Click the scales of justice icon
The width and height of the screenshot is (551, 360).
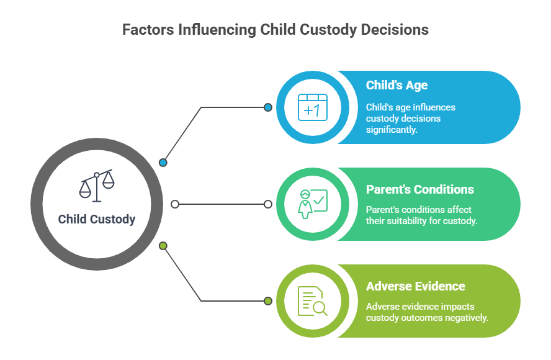pos(97,185)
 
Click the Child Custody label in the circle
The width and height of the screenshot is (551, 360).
pos(97,219)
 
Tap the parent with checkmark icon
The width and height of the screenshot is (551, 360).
pos(312,204)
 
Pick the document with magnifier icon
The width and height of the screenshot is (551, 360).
pos(312,300)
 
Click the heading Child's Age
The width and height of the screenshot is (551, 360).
pos(396,86)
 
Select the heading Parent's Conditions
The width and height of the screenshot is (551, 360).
pos(419,189)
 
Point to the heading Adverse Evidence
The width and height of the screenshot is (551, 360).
pos(415,286)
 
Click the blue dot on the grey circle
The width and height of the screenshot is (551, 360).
pos(163,163)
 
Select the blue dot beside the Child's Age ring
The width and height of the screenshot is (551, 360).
pos(268,107)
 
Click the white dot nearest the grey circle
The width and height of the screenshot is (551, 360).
pos(175,204)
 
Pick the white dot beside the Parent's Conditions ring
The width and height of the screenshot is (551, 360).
pos(268,204)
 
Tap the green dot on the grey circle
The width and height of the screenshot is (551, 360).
pos(163,246)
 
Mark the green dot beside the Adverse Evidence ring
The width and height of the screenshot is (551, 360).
pos(268,301)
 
